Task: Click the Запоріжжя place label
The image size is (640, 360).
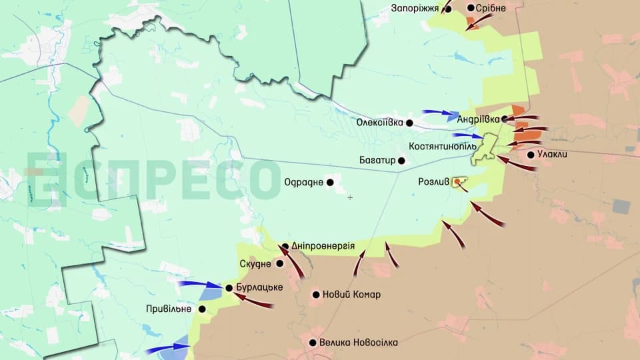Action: tap(415, 8)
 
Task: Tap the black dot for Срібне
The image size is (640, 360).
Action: tap(471, 8)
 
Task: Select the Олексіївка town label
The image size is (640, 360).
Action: tap(380, 123)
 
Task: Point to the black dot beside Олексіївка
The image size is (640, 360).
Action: tap(409, 123)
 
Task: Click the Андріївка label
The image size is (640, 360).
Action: tap(478, 119)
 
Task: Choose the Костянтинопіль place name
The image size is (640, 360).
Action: tap(443, 145)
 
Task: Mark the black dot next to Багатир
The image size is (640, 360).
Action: tap(401, 161)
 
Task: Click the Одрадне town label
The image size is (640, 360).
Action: tap(304, 182)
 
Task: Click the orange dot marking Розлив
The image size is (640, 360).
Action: tap(457, 181)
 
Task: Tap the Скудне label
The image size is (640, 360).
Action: tap(255, 263)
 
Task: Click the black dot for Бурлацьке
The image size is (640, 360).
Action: tap(229, 288)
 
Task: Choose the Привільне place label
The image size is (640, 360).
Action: tap(169, 309)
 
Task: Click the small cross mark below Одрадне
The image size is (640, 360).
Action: tap(350, 197)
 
